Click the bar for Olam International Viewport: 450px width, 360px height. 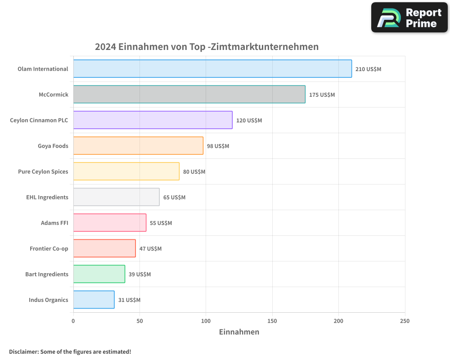[x=212, y=69]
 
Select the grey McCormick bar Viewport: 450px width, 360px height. [x=189, y=94]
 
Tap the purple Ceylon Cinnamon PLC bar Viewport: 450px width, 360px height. [x=153, y=120]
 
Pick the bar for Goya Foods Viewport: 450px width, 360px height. [x=138, y=146]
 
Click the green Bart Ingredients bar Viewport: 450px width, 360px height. [x=99, y=274]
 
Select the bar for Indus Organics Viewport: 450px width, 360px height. [x=94, y=300]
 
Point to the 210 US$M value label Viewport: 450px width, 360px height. [x=368, y=69]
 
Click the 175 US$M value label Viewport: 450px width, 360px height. [x=322, y=95]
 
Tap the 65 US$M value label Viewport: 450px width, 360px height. [x=174, y=198]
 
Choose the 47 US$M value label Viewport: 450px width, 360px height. [x=150, y=249]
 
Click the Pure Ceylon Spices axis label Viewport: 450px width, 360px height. [x=43, y=172]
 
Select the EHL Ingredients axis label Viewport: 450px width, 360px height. [x=47, y=198]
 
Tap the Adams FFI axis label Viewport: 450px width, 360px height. [x=54, y=223]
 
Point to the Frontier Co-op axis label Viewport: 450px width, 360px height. [x=49, y=249]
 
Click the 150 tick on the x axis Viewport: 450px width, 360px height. [x=272, y=321]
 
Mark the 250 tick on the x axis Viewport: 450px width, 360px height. [x=405, y=321]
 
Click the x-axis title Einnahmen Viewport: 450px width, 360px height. [x=239, y=332]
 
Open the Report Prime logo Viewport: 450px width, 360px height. [x=409, y=18]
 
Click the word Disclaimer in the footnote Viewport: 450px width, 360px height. [x=23, y=352]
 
